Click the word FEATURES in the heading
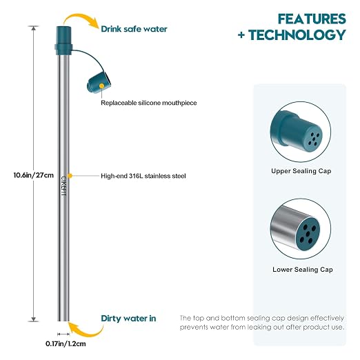312,19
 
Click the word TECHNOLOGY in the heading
297,35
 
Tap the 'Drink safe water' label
134,29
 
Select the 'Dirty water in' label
128,319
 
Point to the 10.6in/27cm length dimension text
34,175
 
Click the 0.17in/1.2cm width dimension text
66,344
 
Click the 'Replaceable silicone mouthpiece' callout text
149,103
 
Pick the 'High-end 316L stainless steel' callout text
143,176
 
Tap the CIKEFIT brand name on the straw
63,186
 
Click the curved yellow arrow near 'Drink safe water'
81,19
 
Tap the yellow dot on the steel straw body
70,176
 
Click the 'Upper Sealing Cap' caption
301,171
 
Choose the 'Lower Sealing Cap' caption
303,270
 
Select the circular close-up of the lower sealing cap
301,229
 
